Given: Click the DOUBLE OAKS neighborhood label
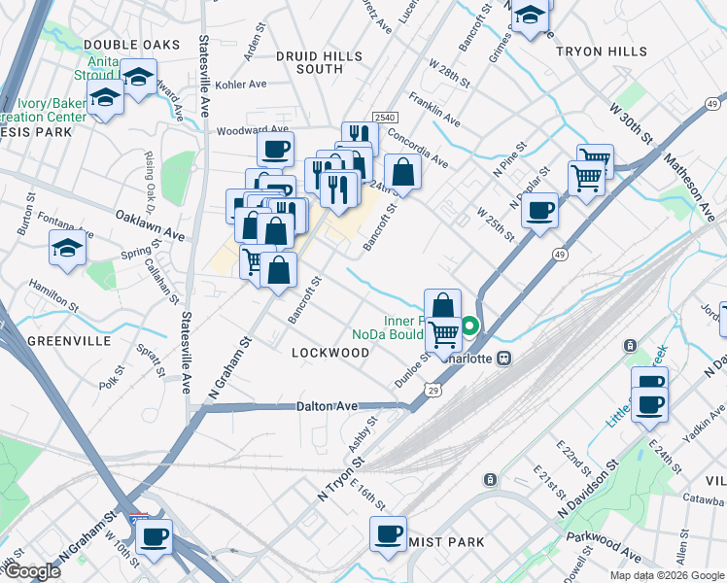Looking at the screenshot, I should point(132,45).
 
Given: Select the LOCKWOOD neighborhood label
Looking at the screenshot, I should point(330,353).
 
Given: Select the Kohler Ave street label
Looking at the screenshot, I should point(240,85).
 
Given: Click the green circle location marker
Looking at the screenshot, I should point(470,326).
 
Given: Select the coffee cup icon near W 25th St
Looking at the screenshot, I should point(539,209).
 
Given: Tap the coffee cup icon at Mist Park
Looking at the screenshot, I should point(389,532).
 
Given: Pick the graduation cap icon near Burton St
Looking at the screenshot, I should point(68,248).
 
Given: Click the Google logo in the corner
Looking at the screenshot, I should point(31,571).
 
